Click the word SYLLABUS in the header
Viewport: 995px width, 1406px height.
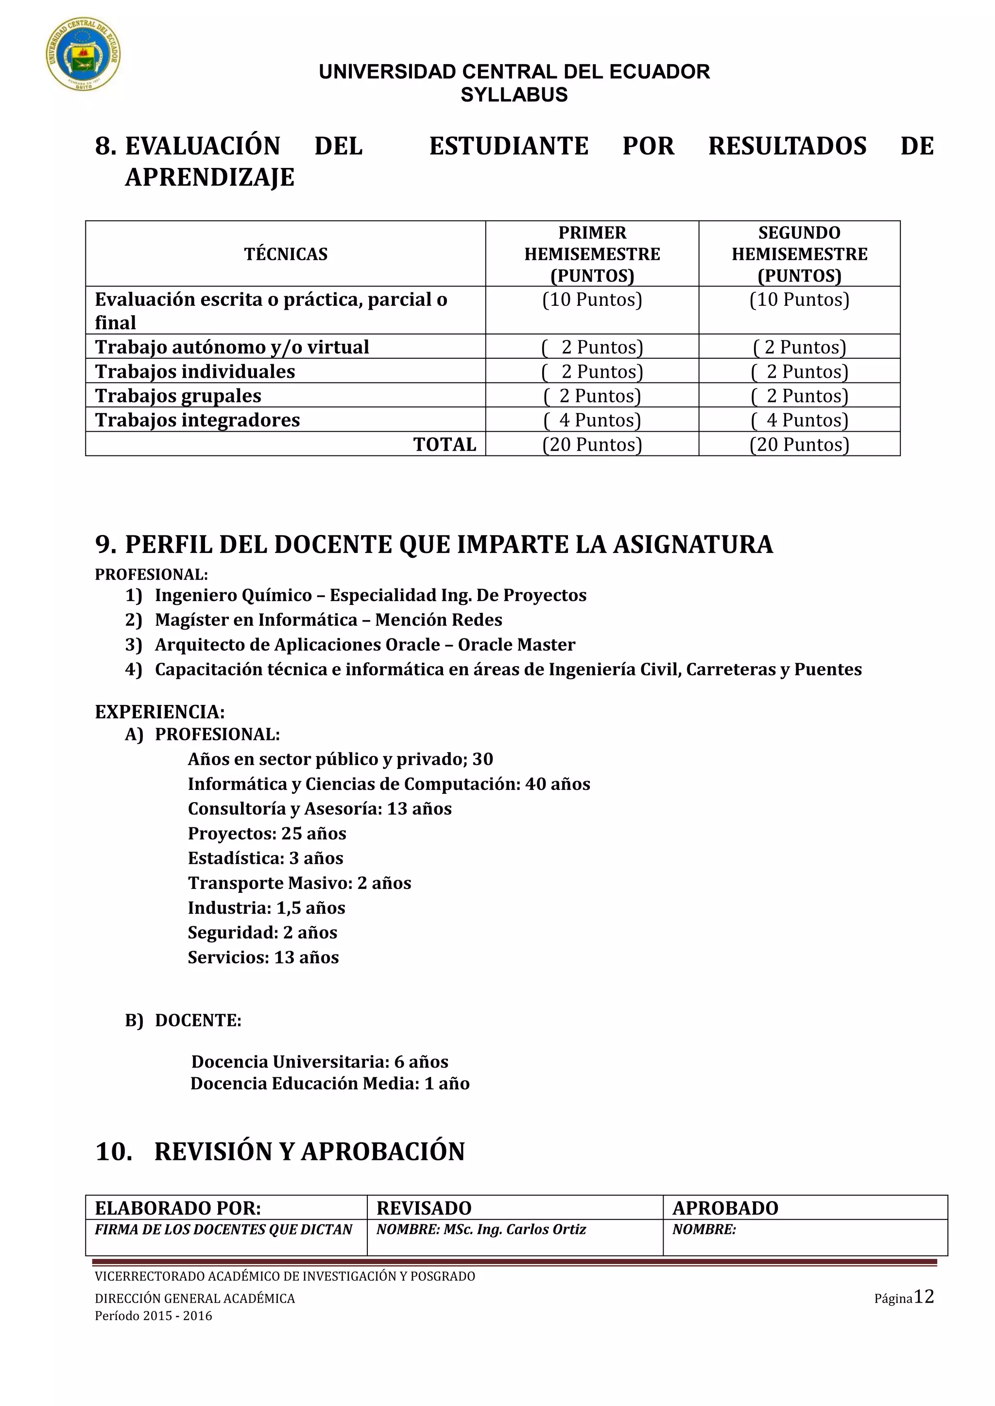(x=514, y=95)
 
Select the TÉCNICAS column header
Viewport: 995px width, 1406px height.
(x=286, y=254)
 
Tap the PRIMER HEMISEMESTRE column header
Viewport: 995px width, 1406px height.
(x=592, y=253)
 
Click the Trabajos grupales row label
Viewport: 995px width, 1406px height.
(x=178, y=396)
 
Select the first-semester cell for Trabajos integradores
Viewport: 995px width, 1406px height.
(x=592, y=420)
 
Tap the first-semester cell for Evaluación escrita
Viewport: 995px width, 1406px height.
(x=592, y=300)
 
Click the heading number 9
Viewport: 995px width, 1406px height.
(x=105, y=544)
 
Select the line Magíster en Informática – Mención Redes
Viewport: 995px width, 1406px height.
(x=328, y=619)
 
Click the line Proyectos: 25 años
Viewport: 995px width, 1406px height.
(x=267, y=834)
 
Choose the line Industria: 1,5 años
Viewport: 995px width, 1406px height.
(x=267, y=907)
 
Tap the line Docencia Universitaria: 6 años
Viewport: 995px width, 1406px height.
(x=319, y=1061)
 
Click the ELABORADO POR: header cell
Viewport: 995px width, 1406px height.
(x=178, y=1207)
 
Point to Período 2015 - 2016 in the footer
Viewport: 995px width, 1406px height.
(x=153, y=1315)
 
